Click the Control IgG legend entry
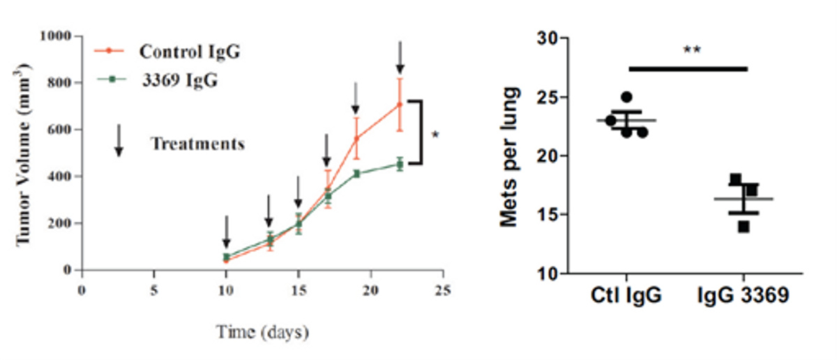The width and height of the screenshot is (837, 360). (190, 52)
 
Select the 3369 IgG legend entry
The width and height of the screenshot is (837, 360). (177, 80)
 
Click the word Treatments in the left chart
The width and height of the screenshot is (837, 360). (198, 144)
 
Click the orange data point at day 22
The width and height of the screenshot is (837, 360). (400, 105)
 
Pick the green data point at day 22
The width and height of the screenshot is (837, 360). (400, 165)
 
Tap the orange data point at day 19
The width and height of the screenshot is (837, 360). (356, 138)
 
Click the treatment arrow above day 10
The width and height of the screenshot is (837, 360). (226, 231)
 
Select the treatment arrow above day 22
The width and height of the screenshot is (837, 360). (400, 57)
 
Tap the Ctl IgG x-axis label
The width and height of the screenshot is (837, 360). (625, 297)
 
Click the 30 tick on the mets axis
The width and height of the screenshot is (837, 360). (548, 39)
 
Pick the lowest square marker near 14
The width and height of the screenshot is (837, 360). (744, 226)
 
